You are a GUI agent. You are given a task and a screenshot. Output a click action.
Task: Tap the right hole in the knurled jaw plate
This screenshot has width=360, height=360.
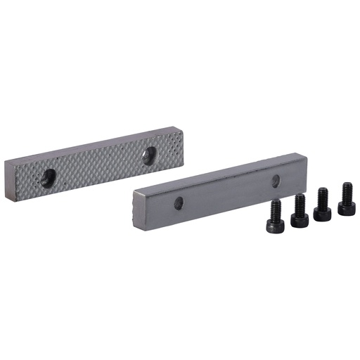pos(149,155)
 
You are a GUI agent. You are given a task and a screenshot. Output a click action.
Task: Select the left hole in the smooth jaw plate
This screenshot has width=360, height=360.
pos(179,202)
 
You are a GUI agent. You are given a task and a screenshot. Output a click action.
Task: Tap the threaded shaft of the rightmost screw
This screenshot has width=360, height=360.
pos(347,189)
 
